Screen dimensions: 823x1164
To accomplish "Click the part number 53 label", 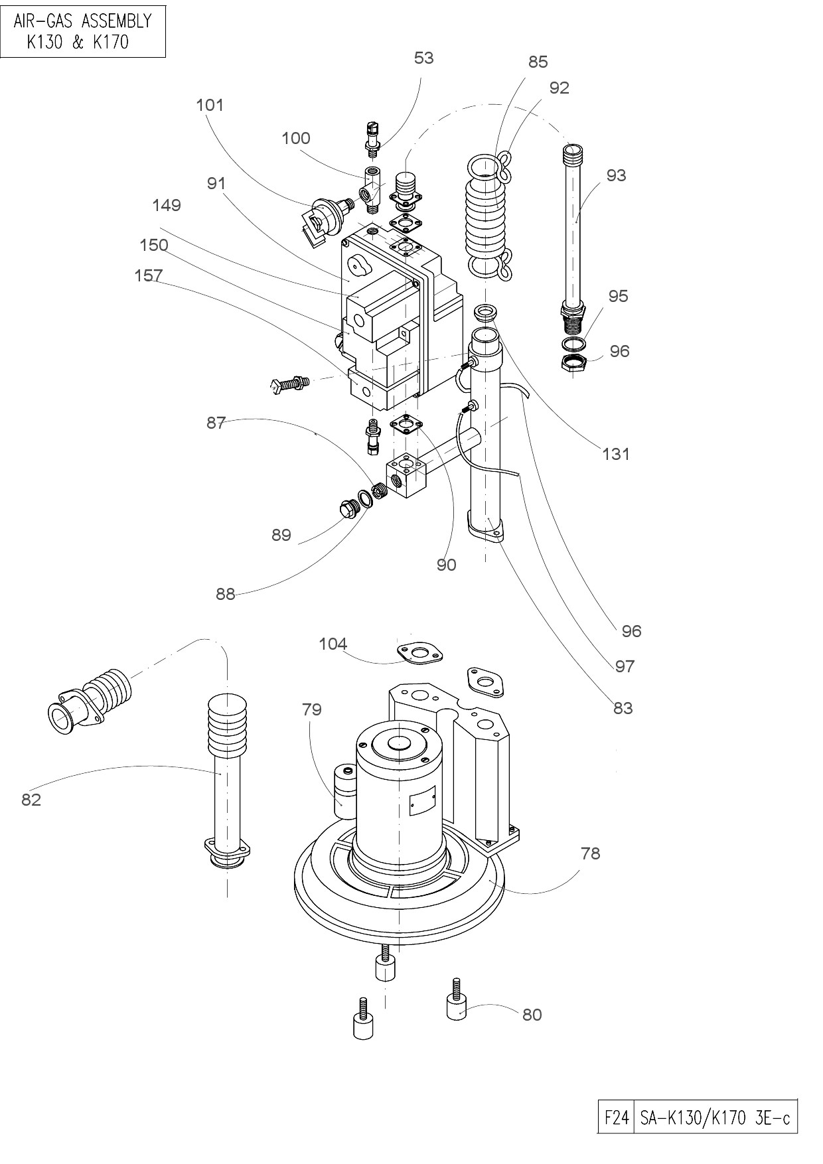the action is click(x=423, y=58).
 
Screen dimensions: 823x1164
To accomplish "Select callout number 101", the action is click(x=210, y=105).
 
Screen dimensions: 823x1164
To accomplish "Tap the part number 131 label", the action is click(x=615, y=454).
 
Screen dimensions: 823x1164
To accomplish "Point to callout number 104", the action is click(x=333, y=644).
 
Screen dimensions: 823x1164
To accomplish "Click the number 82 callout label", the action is click(x=31, y=800).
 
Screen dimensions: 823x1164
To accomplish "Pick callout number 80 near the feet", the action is click(x=532, y=1015).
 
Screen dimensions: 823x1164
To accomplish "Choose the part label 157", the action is click(x=148, y=275).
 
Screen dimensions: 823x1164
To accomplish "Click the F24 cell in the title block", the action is click(x=616, y=1118).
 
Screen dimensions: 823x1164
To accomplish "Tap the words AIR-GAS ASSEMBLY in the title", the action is click(x=82, y=21).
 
